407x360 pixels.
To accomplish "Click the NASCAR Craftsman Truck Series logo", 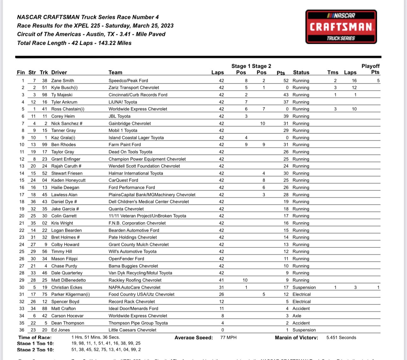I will [x=341, y=27].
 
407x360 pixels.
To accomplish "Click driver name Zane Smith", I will [x=62, y=80].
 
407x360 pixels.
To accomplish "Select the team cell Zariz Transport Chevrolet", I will [x=134, y=88].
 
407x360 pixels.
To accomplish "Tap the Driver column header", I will [x=59, y=72].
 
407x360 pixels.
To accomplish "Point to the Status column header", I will [x=301, y=72].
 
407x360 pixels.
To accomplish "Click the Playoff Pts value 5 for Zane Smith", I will [x=378, y=80].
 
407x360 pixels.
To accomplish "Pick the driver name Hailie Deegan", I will [x=65, y=187].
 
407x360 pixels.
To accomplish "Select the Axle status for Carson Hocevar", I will [x=297, y=316].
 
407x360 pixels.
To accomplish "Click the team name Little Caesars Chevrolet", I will [x=133, y=330].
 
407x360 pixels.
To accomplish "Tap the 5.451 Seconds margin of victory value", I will [x=341, y=337].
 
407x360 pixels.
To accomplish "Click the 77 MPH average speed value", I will [x=228, y=337].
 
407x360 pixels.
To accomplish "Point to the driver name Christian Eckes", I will [x=67, y=287].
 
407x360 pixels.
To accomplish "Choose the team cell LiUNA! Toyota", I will [x=123, y=102].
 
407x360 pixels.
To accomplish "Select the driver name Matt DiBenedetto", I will [x=68, y=280].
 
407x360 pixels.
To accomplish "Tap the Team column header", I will [x=115, y=72].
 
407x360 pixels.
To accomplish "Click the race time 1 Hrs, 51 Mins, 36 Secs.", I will [x=96, y=337].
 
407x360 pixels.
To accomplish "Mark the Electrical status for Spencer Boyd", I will [x=301, y=301].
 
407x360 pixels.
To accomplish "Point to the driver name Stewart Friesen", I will [x=67, y=173].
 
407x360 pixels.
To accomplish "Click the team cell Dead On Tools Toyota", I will [x=130, y=152].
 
